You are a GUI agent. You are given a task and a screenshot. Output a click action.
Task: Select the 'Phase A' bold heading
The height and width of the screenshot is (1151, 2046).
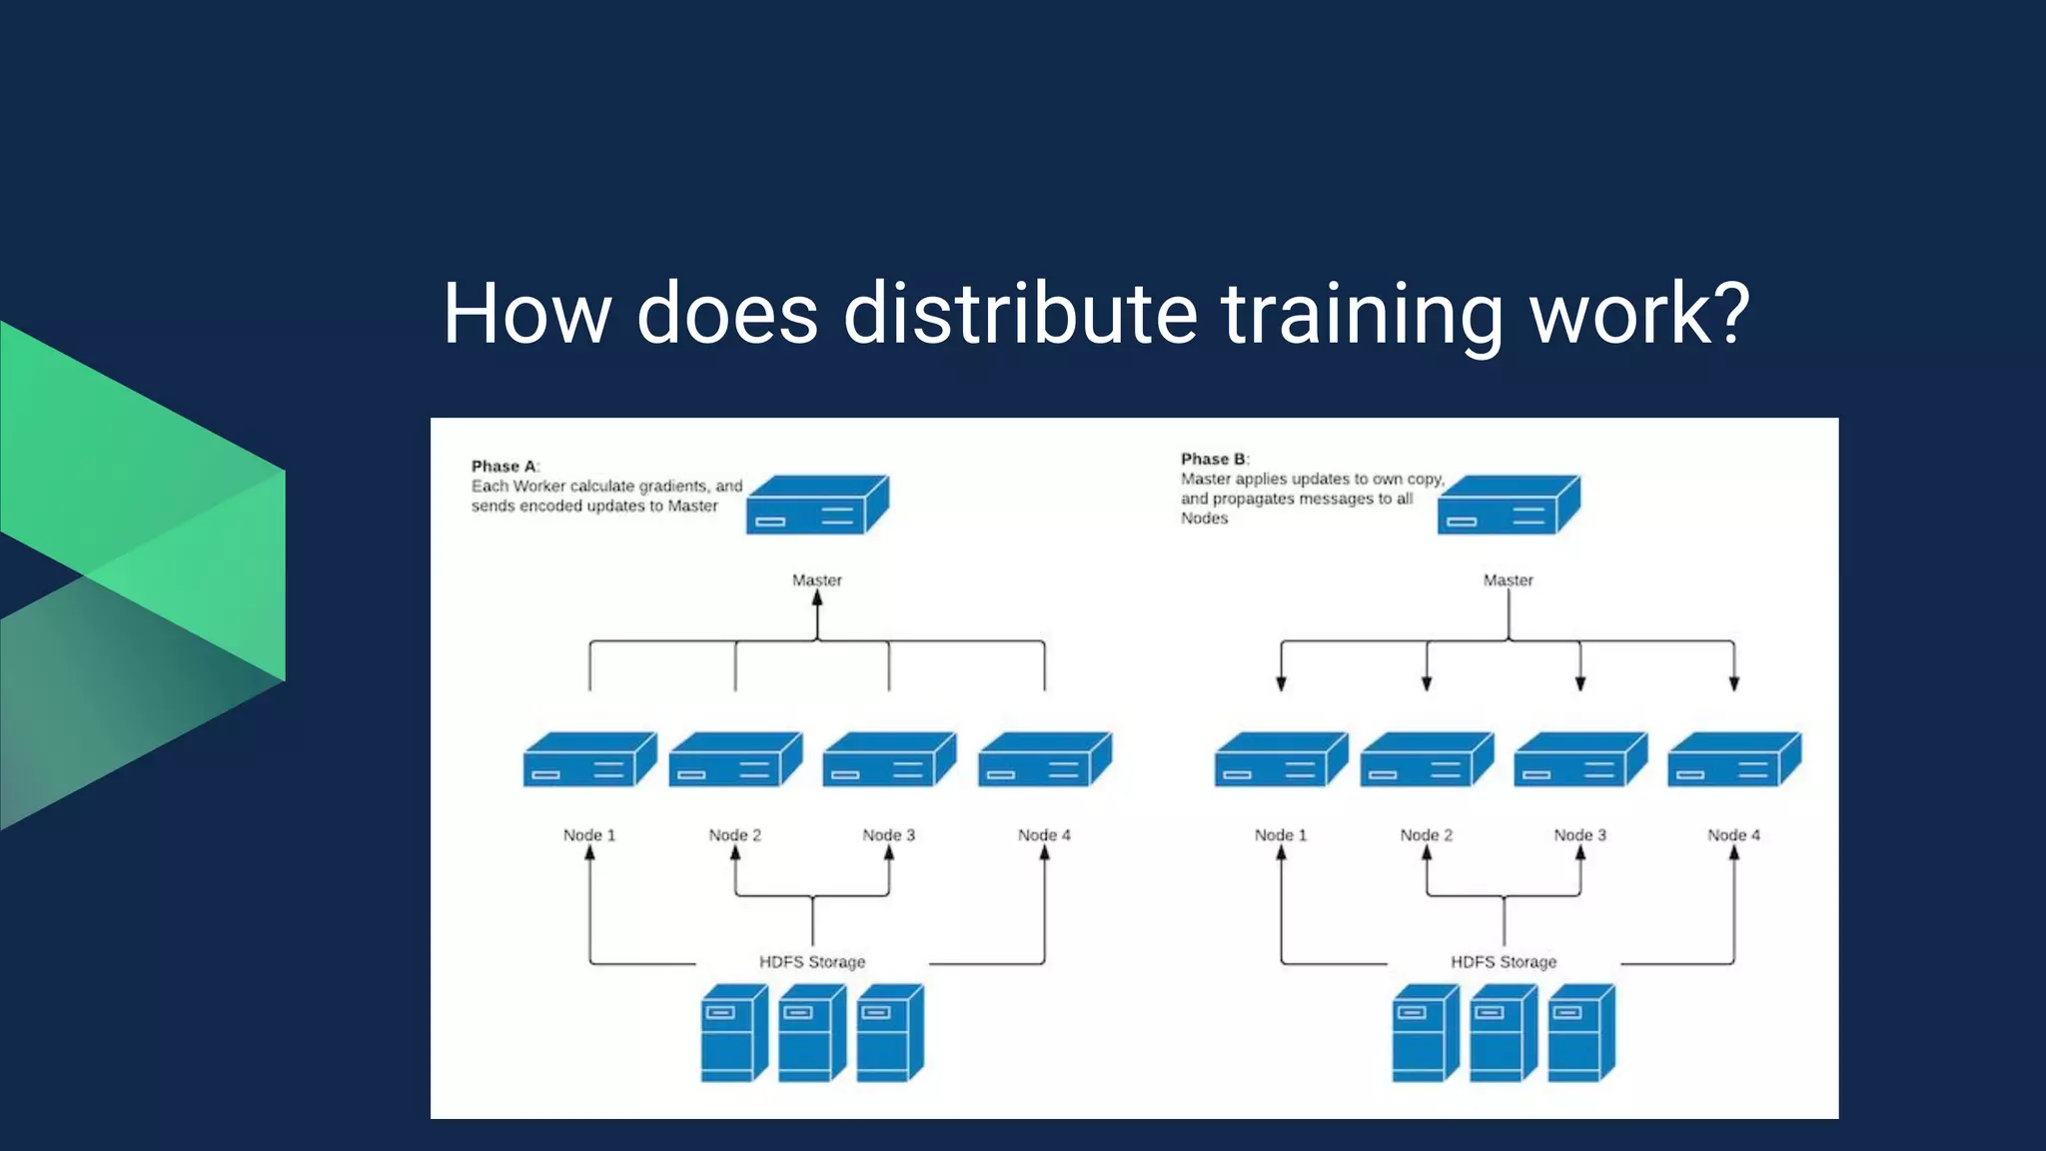(x=504, y=466)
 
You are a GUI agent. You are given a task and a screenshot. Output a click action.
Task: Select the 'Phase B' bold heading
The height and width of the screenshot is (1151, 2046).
(x=1213, y=459)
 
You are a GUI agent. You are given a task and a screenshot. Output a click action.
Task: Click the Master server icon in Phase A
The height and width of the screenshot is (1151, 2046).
(x=816, y=505)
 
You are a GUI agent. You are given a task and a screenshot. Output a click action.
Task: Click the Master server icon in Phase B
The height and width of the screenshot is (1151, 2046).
(x=1508, y=505)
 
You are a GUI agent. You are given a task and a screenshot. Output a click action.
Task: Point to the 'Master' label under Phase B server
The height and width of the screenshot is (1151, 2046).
(x=1508, y=579)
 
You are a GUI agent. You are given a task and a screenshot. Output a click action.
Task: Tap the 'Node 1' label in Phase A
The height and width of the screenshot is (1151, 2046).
(x=588, y=834)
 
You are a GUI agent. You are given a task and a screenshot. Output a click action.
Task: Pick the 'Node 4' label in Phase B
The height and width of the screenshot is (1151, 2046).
(x=1733, y=834)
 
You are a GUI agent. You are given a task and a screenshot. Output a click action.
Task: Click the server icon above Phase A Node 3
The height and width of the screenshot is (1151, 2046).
(x=888, y=760)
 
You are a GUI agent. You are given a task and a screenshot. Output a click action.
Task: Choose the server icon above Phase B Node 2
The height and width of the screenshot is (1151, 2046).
(x=1426, y=760)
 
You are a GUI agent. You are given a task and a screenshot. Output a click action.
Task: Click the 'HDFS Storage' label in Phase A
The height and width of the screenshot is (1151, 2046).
(x=811, y=961)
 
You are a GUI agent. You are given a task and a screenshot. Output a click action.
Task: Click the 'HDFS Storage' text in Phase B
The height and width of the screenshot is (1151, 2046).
(x=1503, y=961)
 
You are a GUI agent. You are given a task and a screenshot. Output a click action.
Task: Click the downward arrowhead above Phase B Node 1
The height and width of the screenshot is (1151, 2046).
(x=1281, y=683)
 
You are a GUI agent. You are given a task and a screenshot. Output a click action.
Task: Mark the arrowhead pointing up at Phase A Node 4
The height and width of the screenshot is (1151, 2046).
(x=1044, y=853)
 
